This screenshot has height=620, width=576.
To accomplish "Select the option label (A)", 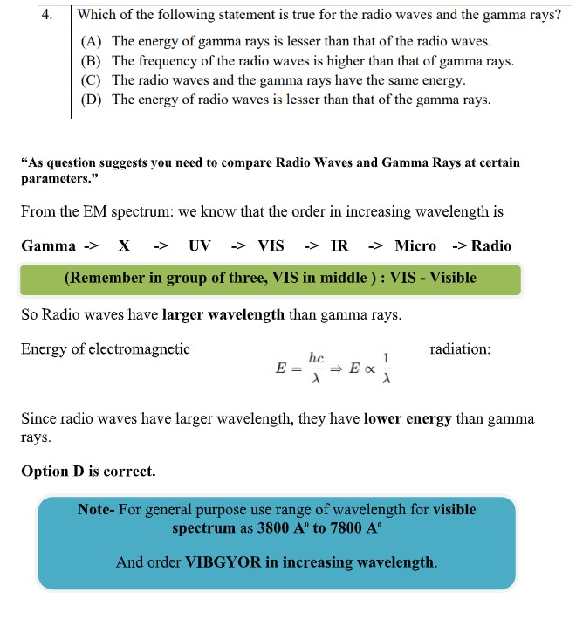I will (92, 42).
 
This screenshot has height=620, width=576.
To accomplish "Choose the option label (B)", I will (92, 61).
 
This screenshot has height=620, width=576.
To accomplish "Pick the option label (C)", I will (92, 80).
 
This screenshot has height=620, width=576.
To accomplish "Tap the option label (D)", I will (92, 100).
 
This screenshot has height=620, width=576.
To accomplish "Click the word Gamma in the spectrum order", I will (49, 245).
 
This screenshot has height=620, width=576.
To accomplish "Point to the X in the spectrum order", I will (124, 245).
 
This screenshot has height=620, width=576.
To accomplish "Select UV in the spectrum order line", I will (200, 245).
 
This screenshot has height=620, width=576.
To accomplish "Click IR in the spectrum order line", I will (339, 245).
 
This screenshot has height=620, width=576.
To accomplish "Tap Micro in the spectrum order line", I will (415, 245).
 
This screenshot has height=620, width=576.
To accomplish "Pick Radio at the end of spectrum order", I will (491, 245).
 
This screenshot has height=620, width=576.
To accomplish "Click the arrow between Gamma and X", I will (90, 245).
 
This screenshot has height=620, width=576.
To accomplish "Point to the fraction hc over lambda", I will (317, 367).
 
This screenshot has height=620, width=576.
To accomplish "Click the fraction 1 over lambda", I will (387, 368).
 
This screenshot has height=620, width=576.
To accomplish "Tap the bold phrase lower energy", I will (408, 419).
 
